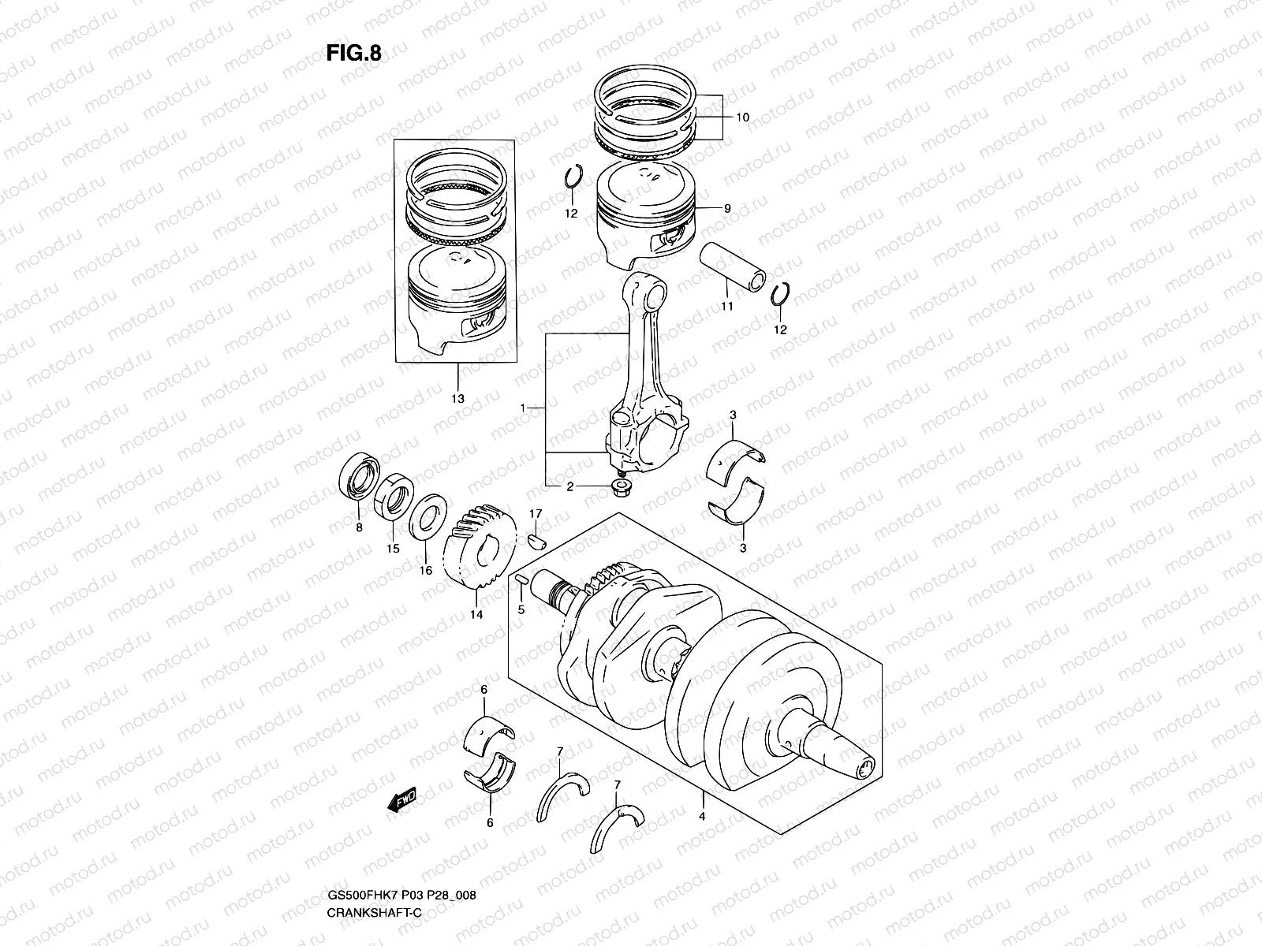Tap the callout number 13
(457, 398)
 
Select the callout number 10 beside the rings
(742, 117)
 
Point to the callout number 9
(726, 208)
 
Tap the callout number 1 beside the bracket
(523, 407)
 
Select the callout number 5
(521, 609)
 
